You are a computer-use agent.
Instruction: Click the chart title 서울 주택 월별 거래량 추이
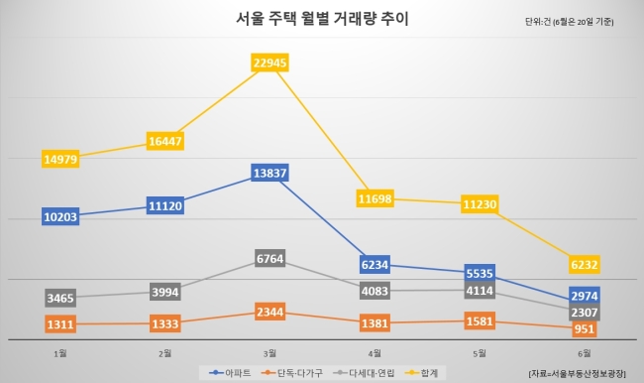pos(322,19)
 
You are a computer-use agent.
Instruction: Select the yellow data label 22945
pos(269,63)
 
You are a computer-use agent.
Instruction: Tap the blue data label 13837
pos(269,173)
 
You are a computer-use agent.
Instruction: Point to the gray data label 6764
pos(269,258)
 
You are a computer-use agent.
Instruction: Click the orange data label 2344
pos(269,312)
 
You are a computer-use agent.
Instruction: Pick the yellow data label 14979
pos(60,159)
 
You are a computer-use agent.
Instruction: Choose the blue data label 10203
pos(60,216)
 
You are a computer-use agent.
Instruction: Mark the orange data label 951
pos(584,328)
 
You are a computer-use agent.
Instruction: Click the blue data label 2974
pos(584,296)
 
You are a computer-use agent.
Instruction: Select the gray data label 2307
pos(584,313)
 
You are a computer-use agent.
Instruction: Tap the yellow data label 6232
pos(584,264)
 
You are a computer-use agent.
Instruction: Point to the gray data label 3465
pos(60,298)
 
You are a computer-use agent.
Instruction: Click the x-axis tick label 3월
pos(269,353)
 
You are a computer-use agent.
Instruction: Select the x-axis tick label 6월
pos(584,353)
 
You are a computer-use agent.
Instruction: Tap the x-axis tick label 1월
pos(60,353)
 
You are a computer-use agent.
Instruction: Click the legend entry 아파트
pos(230,373)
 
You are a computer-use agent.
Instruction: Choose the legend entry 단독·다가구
pos(291,373)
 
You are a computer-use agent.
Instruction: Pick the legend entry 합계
pos(421,373)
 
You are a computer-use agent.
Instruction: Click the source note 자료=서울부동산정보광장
pos(577,373)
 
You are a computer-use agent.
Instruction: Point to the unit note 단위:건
pos(538,22)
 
